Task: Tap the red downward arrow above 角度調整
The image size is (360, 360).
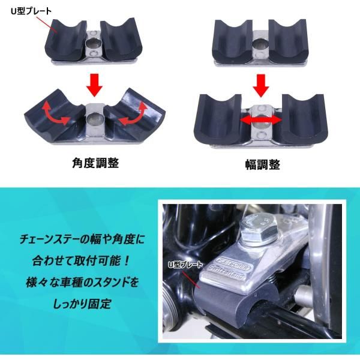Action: [x=93, y=85]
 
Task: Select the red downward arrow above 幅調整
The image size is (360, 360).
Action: [x=260, y=85]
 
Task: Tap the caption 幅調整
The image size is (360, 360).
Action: [x=262, y=163]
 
